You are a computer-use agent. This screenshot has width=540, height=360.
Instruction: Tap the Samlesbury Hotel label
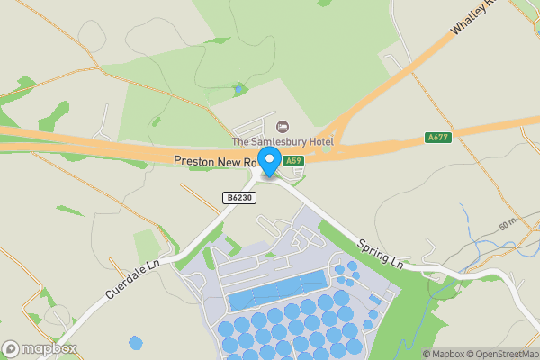(283, 142)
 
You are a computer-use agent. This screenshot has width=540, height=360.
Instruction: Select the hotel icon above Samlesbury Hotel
(283, 126)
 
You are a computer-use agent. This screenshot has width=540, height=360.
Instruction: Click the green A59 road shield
(292, 161)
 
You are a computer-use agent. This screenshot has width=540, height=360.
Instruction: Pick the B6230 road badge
(238, 196)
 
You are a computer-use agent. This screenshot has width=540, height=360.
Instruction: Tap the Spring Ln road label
(381, 254)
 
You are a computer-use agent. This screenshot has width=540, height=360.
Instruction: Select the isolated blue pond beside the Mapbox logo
(135, 343)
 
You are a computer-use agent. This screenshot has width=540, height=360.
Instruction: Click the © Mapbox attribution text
(445, 354)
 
